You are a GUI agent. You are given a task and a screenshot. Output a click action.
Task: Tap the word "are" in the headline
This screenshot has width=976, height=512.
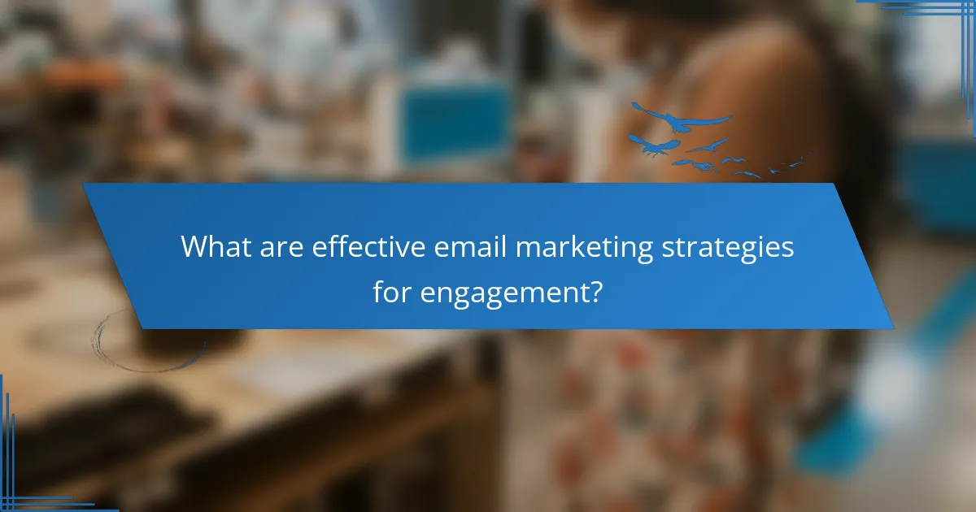coord(281,247)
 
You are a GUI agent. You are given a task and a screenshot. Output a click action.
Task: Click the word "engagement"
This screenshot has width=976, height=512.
coord(504,293)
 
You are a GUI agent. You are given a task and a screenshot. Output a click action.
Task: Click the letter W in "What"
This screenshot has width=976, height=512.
coord(195,247)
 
